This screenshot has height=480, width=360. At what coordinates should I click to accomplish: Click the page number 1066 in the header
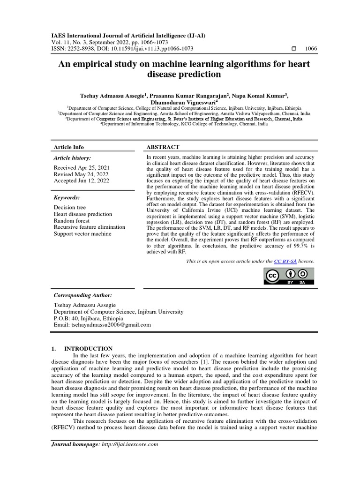[x=311, y=49]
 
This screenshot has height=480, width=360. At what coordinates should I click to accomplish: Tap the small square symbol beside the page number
[x=294, y=49]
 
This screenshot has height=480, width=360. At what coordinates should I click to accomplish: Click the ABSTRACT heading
[x=163, y=147]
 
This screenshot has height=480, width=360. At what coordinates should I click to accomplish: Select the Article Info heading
[x=69, y=147]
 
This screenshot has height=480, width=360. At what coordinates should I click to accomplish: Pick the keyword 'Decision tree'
[x=70, y=207]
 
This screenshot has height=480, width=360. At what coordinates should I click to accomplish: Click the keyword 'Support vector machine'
[x=82, y=233]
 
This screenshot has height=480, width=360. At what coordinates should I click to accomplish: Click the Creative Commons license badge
[x=287, y=277]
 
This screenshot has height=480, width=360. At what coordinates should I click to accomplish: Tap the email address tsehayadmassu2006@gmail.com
[x=110, y=324]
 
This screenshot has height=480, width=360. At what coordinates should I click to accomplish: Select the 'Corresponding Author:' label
[x=83, y=295]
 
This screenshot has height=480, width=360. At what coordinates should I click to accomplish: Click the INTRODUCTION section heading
[x=88, y=349]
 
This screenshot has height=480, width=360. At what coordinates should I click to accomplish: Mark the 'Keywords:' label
[x=67, y=198]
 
